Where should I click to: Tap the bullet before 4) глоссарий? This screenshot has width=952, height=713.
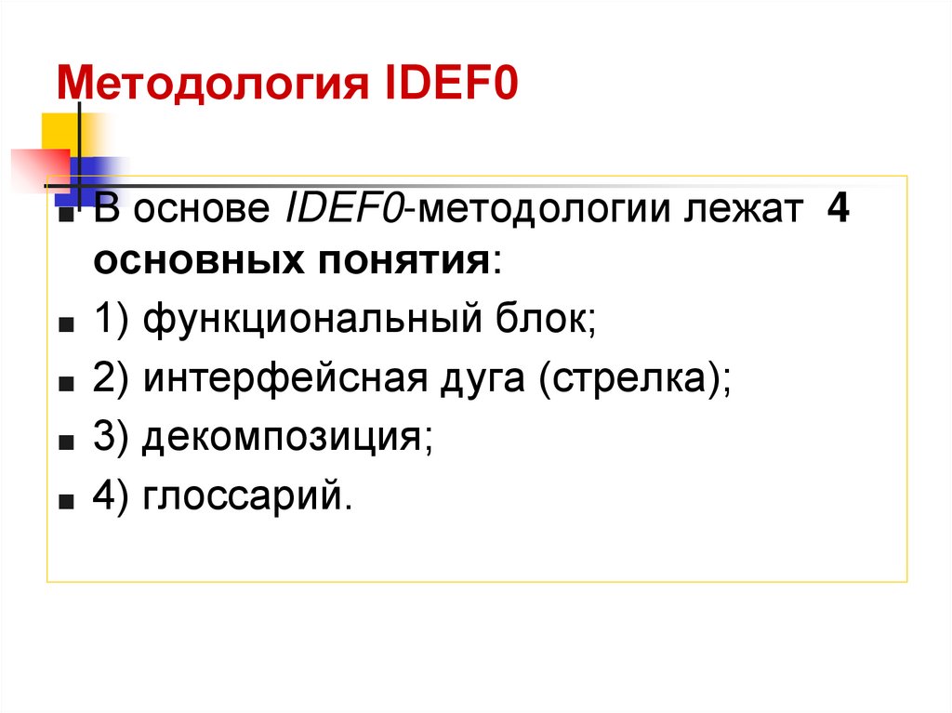tap(68, 503)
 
